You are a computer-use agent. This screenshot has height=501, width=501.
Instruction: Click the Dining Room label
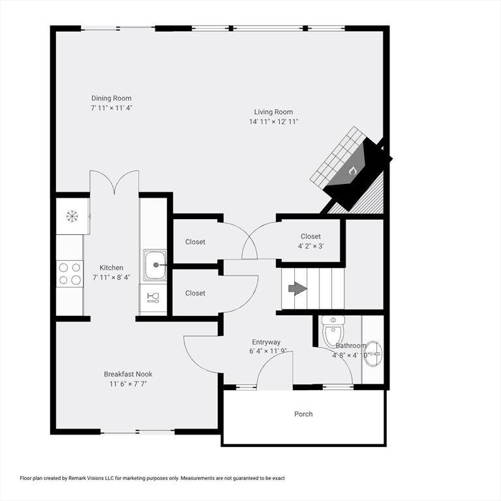click(111, 99)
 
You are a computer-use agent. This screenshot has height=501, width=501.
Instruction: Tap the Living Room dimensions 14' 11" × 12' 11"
click(273, 122)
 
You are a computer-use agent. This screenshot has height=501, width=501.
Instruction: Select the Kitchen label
click(111, 267)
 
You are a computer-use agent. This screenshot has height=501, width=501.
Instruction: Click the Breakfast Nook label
click(128, 374)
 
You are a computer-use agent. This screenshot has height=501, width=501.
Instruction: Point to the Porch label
click(303, 414)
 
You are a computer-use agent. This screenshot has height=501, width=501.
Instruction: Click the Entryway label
click(266, 342)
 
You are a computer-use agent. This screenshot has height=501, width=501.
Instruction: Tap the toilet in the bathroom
click(333, 331)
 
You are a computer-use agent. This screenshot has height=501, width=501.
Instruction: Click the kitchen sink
click(155, 266)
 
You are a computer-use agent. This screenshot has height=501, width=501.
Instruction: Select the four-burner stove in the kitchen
click(70, 273)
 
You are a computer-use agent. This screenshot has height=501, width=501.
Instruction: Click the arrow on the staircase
click(297, 288)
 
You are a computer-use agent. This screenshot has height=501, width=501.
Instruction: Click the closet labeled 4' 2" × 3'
click(311, 241)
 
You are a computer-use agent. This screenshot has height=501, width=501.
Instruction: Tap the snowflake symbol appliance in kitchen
click(72, 215)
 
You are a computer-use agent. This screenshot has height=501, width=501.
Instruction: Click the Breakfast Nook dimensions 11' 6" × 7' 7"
click(128, 384)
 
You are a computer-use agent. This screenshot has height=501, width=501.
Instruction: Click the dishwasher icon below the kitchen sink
click(154, 297)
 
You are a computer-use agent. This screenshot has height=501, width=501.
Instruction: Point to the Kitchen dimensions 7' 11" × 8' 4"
click(111, 277)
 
